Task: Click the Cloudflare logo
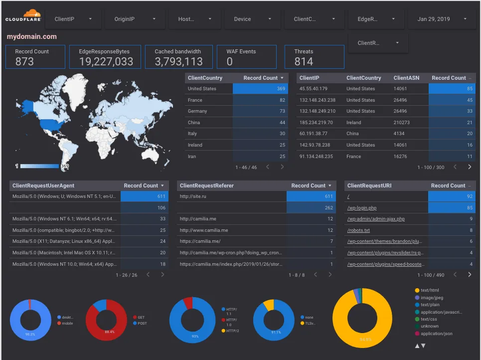(x=23, y=16)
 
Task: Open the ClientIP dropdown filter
(x=73, y=19)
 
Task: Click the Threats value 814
(x=304, y=61)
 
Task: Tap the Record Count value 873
(x=24, y=61)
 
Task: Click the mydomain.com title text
(x=31, y=36)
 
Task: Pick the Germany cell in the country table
(x=197, y=111)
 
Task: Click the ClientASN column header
(x=406, y=78)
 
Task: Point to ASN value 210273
(x=401, y=122)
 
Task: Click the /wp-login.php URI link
(x=361, y=207)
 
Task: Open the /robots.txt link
(x=358, y=230)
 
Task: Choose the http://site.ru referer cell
(x=193, y=196)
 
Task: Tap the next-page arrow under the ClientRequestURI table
(x=469, y=275)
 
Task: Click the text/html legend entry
(x=429, y=290)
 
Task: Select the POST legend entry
(x=142, y=323)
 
